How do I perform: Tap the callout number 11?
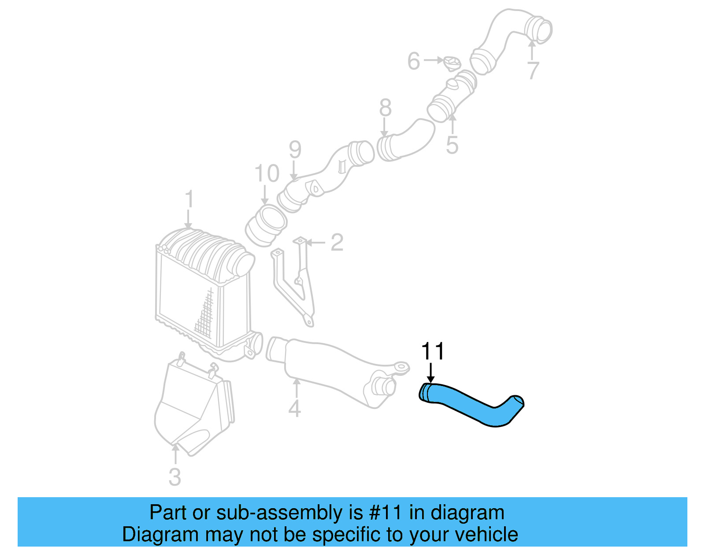[433, 352]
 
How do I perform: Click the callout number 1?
[189, 199]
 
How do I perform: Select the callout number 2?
[337, 243]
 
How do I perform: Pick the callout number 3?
[175, 477]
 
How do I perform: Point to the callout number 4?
[295, 408]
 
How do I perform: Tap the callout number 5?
[452, 145]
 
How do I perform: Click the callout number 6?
[413, 61]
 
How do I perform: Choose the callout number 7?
[533, 70]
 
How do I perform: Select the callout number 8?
[385, 108]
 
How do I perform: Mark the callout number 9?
[295, 150]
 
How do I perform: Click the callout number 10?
[267, 173]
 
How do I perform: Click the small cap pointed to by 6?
[452, 64]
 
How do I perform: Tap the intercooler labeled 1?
[203, 291]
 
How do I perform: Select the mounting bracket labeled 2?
[295, 282]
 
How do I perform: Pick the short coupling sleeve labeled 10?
[266, 226]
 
